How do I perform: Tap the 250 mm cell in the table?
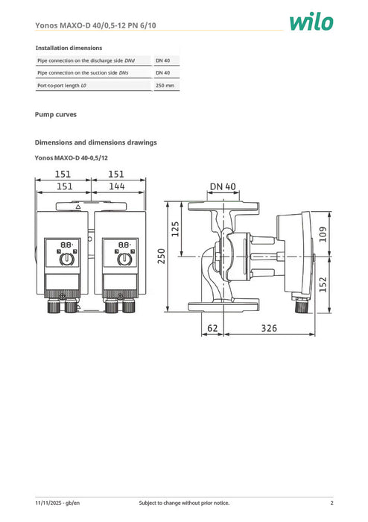coord(165,86)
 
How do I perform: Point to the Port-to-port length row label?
coord(62,86)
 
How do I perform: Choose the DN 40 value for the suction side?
coord(162,72)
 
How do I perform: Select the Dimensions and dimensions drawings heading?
coord(95,142)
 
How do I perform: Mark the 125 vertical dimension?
coord(176,228)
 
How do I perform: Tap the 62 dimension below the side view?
coord(212,327)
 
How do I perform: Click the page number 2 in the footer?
coord(331,503)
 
